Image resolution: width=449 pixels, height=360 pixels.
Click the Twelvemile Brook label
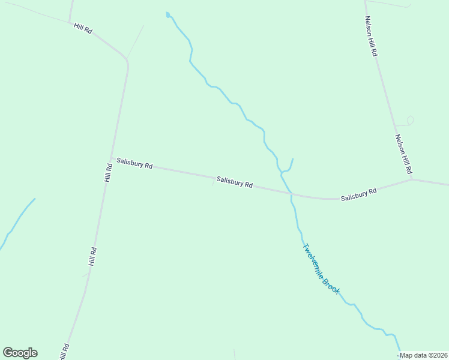pos(321,268)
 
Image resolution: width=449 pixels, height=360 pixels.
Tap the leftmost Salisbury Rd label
pos(134,163)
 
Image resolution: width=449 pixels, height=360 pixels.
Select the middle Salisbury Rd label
pos(234,182)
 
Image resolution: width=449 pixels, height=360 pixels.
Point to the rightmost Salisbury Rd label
pos(358,194)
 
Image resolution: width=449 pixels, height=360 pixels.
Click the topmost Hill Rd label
pos(83,28)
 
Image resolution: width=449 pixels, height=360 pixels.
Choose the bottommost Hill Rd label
pos(64,351)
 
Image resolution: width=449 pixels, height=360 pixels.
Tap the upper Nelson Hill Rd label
pos(371,36)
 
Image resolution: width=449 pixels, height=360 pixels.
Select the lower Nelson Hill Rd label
pos(402,154)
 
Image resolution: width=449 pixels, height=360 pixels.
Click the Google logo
pos(20,353)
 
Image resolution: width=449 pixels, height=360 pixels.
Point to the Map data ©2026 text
pos(423,355)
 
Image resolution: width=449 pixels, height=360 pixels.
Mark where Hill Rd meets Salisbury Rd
pos(111,158)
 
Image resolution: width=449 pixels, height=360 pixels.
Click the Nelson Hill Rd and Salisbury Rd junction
pos(412,178)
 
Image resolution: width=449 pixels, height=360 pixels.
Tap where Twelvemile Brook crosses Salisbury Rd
pos(291,194)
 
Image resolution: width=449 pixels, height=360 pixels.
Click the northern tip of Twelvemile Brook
pos(167,13)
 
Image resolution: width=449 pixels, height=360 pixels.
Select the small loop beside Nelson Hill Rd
pos(411,120)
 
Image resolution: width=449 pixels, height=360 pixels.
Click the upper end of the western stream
pos(34,199)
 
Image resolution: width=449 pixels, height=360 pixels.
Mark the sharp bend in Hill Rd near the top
pos(126,60)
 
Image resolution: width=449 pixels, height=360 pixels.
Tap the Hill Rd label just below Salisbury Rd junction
pos(108,172)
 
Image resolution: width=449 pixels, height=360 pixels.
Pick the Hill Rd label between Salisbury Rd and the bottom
pos(92,257)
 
